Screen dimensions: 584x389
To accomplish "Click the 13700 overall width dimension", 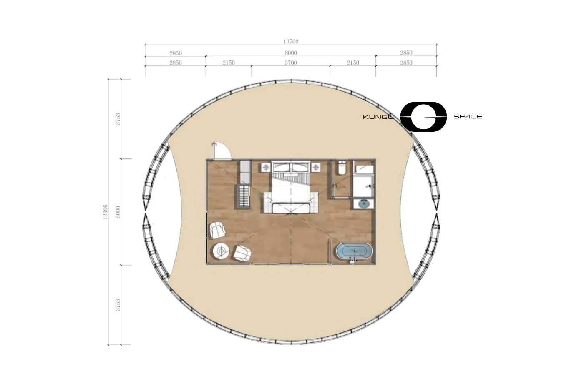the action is click(x=291, y=41).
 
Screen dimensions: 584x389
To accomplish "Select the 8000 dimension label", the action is click(x=291, y=53).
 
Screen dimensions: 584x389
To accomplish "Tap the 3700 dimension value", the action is click(x=291, y=63).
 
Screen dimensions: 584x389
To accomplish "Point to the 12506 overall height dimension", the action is click(x=105, y=212).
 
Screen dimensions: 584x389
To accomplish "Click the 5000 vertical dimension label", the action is click(x=118, y=212).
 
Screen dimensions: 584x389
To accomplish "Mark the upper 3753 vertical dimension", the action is click(x=118, y=119).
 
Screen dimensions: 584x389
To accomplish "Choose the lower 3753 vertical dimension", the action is click(x=118, y=305).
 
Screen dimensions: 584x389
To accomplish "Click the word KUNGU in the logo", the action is click(x=378, y=117).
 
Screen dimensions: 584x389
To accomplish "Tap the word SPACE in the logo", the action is click(x=468, y=117).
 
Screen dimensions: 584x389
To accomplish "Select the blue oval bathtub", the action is click(x=354, y=251).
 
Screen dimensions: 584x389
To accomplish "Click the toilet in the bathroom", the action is click(x=342, y=168).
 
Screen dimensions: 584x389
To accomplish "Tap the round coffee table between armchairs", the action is click(x=222, y=251).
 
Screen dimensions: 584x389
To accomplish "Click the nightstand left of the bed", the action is click(x=266, y=167).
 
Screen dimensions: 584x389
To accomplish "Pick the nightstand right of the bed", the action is click(x=316, y=167).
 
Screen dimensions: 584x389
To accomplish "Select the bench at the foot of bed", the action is click(x=291, y=208).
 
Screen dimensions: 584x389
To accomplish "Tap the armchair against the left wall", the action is click(x=217, y=230).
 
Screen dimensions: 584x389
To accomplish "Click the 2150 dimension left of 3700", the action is click(x=229, y=63).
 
